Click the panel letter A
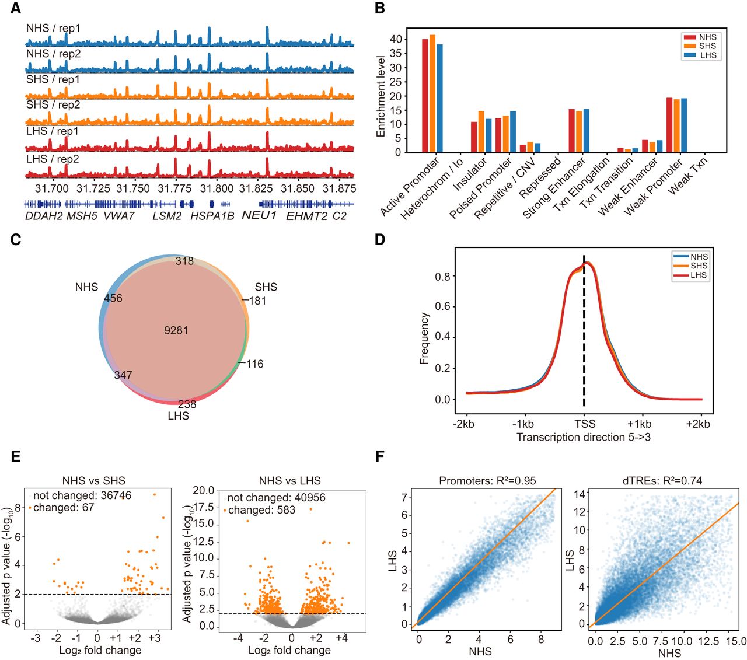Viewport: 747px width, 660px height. [16, 8]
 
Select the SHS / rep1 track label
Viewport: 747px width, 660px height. [53, 79]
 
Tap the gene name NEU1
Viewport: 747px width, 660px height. [259, 215]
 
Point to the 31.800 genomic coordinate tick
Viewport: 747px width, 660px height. [217, 188]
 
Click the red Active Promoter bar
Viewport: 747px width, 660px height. [425, 96]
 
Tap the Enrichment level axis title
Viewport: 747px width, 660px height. [381, 96]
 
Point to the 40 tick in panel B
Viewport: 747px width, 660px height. [396, 39]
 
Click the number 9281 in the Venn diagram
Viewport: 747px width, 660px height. [176, 330]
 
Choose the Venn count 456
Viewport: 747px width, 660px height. [113, 298]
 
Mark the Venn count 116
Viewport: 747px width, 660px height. [255, 364]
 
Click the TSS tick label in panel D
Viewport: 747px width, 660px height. [584, 424]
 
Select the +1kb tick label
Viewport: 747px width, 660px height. [640, 424]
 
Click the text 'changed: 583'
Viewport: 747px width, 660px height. [261, 510]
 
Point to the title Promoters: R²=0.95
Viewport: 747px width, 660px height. [487, 481]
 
